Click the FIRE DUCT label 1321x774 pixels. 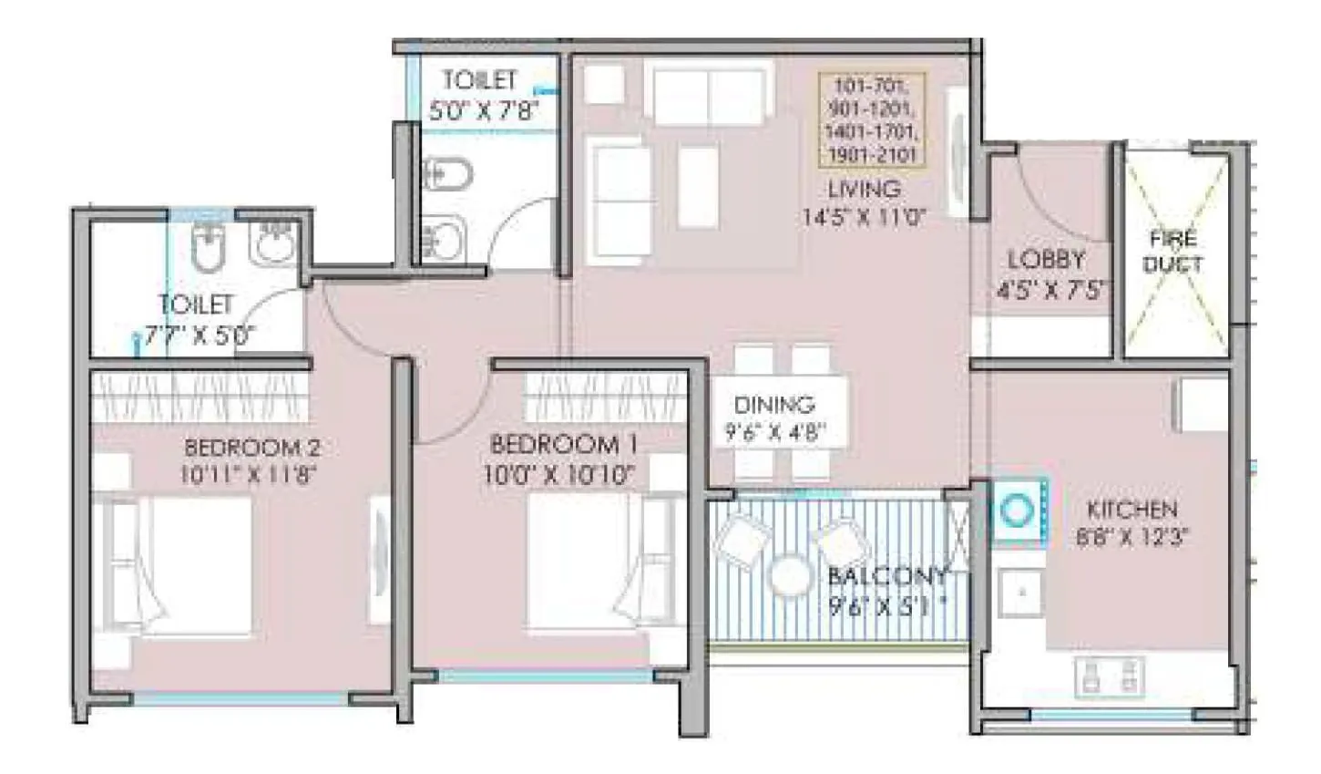click(x=1173, y=253)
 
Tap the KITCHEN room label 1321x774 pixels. click(x=1132, y=509)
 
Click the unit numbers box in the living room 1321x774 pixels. click(x=871, y=120)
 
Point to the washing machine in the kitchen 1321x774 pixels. click(x=1017, y=511)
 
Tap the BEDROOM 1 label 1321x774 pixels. click(x=564, y=445)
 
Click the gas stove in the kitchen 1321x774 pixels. click(x=1108, y=676)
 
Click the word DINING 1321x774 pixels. click(x=773, y=404)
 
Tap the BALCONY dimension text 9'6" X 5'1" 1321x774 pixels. click(x=883, y=607)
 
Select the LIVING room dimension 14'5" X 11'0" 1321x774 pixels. click(x=864, y=218)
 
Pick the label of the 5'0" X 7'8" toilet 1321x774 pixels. click(x=480, y=81)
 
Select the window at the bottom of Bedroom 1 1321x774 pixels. click(x=546, y=676)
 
